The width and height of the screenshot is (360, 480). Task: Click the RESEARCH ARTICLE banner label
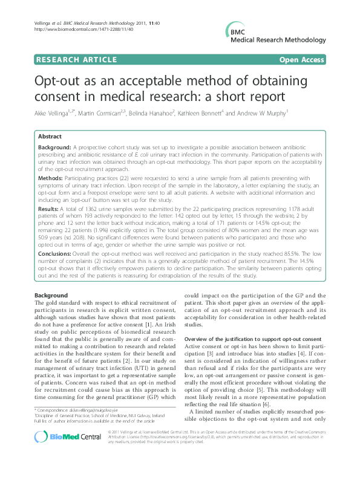click(76, 59)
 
